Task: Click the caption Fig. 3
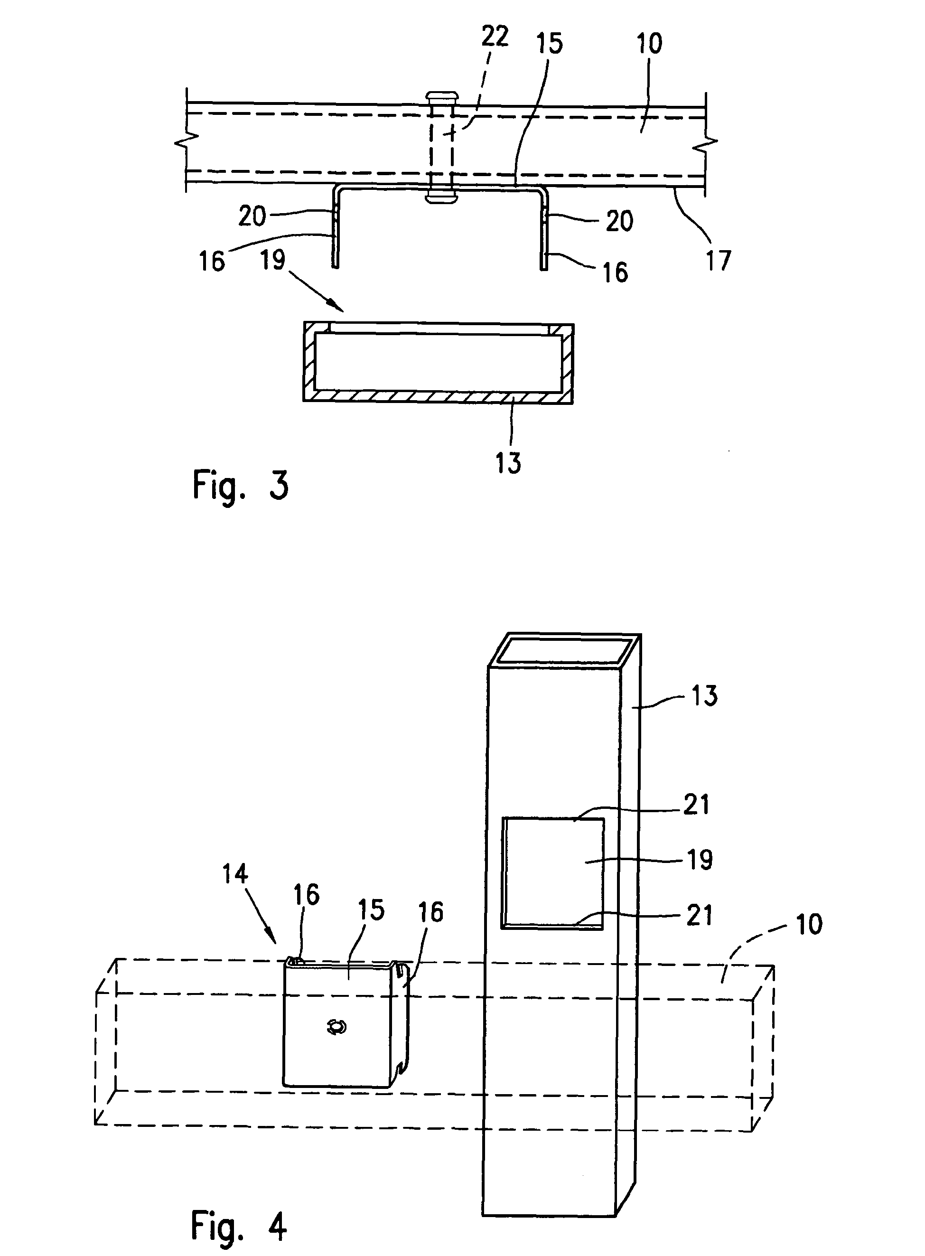click(240, 486)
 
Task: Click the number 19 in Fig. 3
click(273, 259)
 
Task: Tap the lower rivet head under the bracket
click(440, 197)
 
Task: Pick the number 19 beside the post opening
click(700, 860)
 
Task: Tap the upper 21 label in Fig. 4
click(697, 805)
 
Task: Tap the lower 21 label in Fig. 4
click(700, 915)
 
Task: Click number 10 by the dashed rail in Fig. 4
click(809, 925)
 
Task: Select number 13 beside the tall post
click(704, 696)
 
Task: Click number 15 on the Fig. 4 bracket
click(371, 910)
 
